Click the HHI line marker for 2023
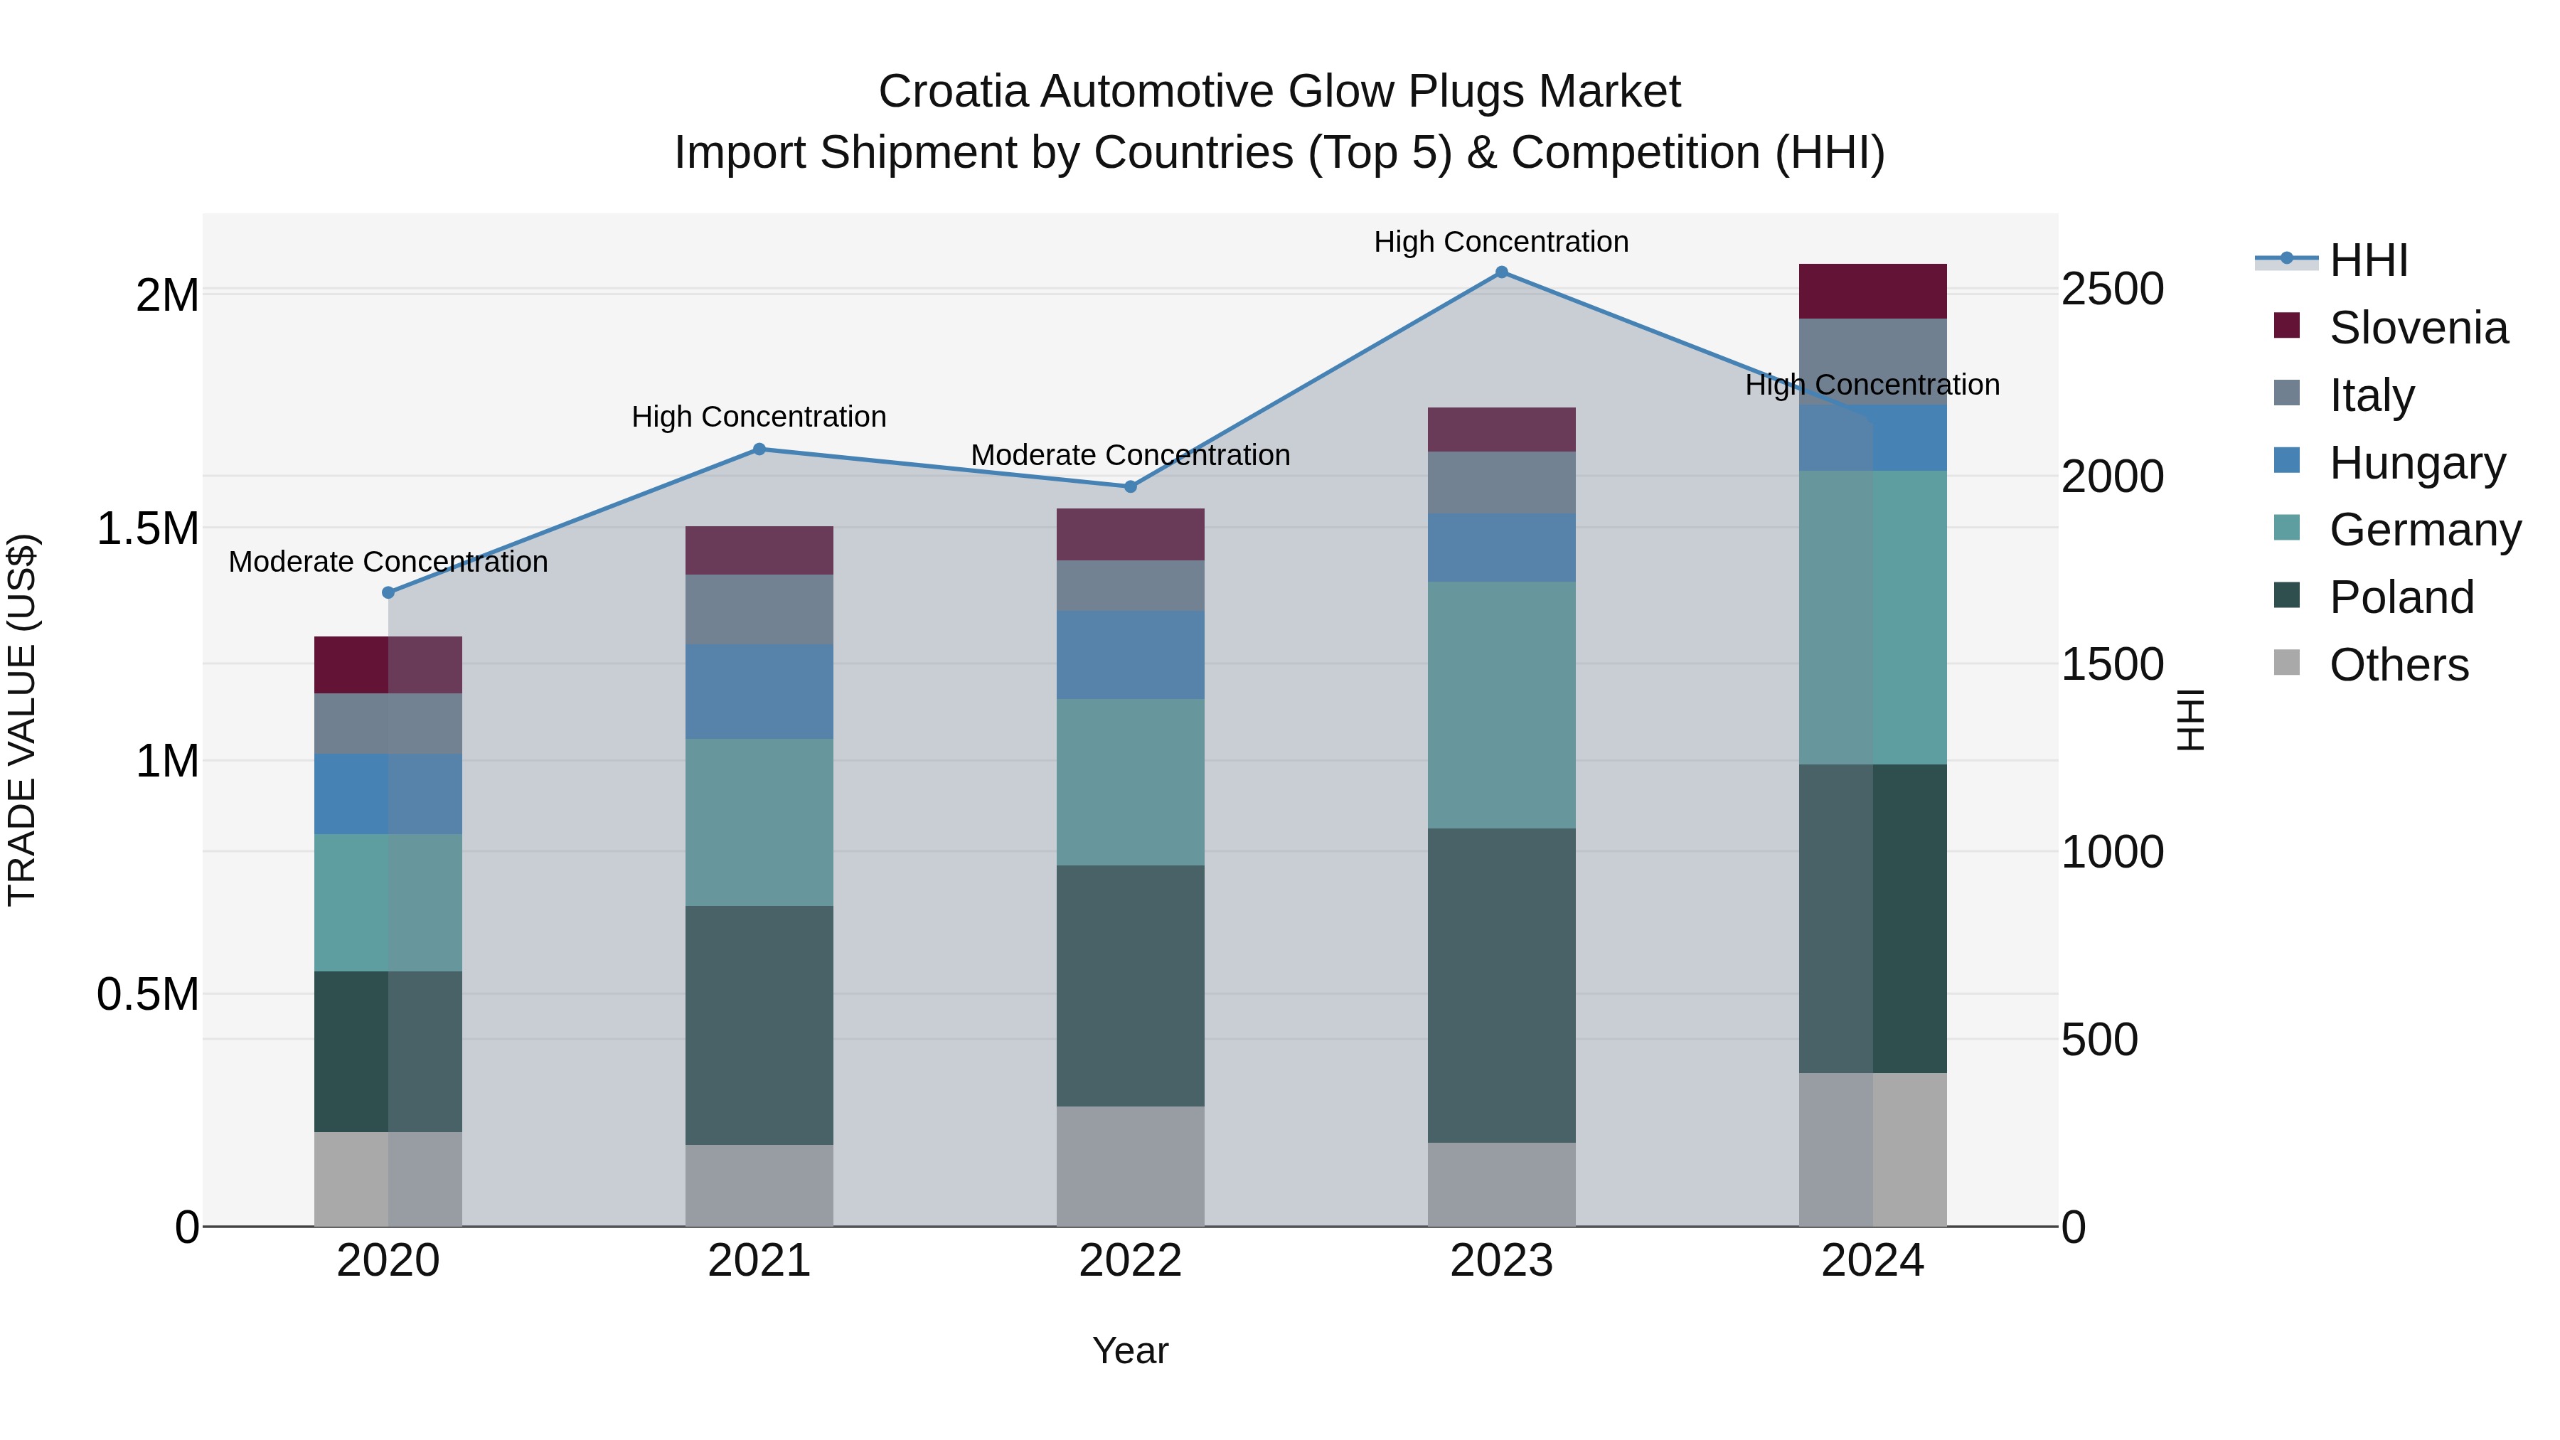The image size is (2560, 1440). (1502, 272)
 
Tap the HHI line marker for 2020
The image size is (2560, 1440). (388, 592)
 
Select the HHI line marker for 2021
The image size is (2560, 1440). (759, 449)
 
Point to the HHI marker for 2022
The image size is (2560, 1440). (1130, 487)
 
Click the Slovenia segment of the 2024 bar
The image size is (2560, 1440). (1872, 291)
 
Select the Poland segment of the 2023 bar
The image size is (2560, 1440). (1502, 985)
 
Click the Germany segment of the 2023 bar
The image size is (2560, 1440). (1502, 705)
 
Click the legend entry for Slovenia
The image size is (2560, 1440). (2417, 328)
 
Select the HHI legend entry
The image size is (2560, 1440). (2367, 260)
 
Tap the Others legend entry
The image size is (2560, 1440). (2397, 665)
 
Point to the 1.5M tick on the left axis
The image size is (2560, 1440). (147, 528)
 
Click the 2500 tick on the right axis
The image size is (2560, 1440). (2112, 289)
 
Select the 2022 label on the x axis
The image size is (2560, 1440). (1130, 1261)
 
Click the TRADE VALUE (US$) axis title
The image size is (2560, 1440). (22, 720)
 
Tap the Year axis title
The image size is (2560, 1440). (1130, 1350)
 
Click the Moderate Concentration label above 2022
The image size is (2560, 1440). (1130, 455)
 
